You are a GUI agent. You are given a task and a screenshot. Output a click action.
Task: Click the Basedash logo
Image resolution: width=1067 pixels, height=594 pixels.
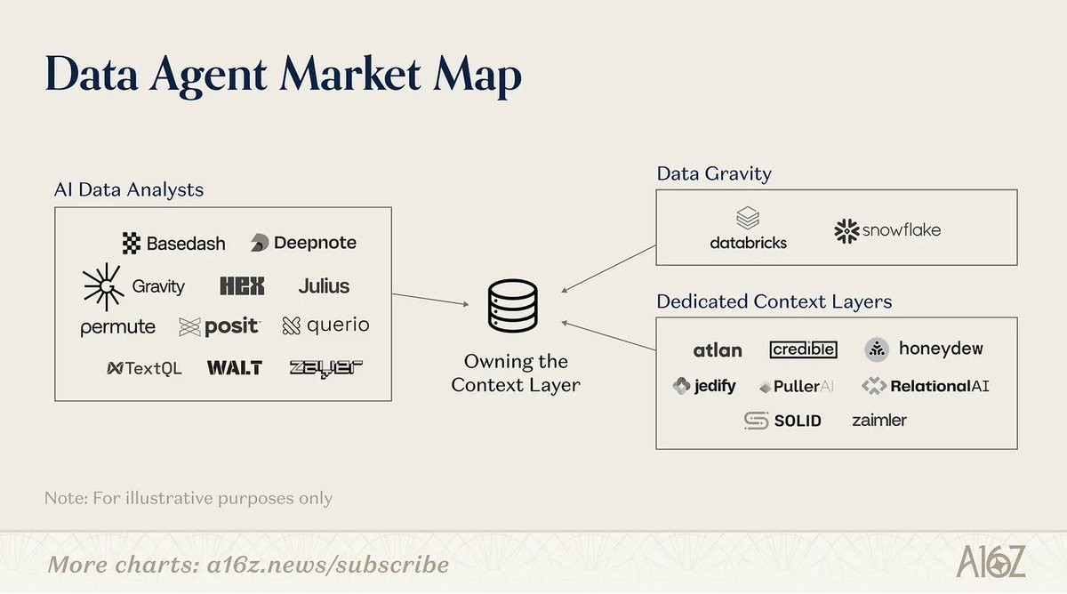pyautogui.click(x=173, y=243)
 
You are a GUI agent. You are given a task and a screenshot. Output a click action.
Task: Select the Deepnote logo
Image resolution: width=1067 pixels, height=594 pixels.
pyautogui.click(x=303, y=243)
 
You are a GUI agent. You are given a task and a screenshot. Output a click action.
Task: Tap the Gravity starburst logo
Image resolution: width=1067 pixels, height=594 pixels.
pyautogui.click(x=133, y=286)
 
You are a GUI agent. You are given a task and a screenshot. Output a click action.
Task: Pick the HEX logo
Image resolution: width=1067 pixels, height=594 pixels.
pyautogui.click(x=241, y=286)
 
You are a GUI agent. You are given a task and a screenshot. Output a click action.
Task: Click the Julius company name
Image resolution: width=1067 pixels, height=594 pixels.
pyautogui.click(x=324, y=286)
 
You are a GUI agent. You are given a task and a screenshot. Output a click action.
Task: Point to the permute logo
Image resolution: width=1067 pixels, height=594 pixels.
pyautogui.click(x=117, y=327)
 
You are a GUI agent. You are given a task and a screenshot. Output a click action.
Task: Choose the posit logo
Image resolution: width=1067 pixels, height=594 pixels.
pyautogui.click(x=220, y=327)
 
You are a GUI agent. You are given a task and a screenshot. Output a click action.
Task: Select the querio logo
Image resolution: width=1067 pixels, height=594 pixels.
pyautogui.click(x=325, y=326)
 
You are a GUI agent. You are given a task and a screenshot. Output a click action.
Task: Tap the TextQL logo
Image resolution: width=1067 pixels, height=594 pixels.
pyautogui.click(x=144, y=368)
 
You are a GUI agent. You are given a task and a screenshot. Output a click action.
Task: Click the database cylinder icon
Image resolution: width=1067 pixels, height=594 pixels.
pyautogui.click(x=513, y=307)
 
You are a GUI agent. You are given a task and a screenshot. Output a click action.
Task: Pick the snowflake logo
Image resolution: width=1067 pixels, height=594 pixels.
pyautogui.click(x=886, y=231)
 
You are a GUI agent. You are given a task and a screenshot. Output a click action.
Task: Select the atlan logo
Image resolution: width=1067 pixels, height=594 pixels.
pyautogui.click(x=717, y=350)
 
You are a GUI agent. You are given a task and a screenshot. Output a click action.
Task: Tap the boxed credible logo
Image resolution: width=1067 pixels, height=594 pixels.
pyautogui.click(x=803, y=349)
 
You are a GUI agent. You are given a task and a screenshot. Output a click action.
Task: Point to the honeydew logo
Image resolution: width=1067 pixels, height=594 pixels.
pyautogui.click(x=924, y=349)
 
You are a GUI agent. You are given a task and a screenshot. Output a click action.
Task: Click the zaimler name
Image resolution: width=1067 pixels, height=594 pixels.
pyautogui.click(x=878, y=420)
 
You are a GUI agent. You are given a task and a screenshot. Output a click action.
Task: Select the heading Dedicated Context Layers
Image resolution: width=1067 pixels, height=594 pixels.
pyautogui.click(x=774, y=301)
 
